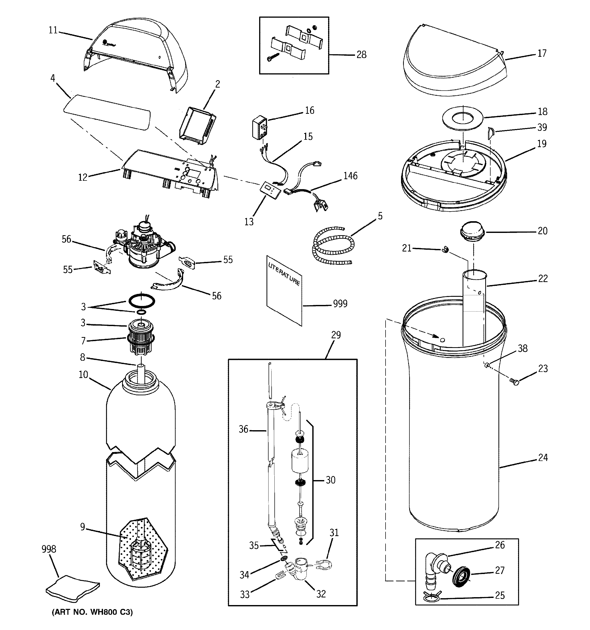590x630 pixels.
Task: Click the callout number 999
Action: pyautogui.click(x=340, y=304)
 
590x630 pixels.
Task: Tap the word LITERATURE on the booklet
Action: pyautogui.click(x=284, y=274)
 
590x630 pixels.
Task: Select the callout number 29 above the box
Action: pyautogui.click(x=336, y=335)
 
